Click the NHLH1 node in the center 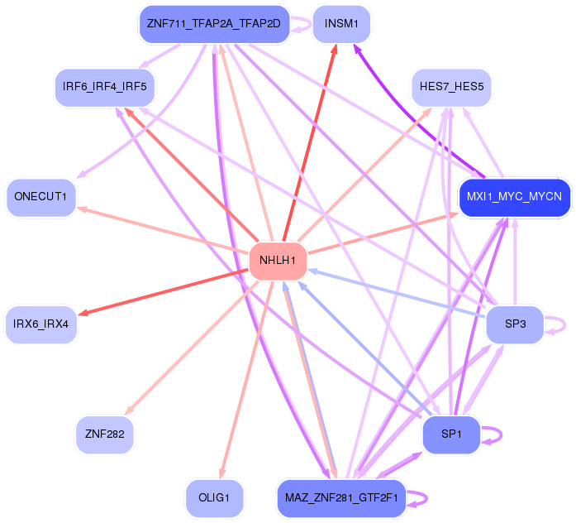(x=278, y=261)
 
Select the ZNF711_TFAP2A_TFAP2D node (x=213, y=24)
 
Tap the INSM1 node (x=341, y=24)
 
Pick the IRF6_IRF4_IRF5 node (x=104, y=87)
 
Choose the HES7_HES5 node (x=451, y=87)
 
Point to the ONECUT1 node (x=40, y=197)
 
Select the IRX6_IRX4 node (x=40, y=324)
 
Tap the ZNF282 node (x=104, y=433)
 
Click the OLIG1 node (x=214, y=497)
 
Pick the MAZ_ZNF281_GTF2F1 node (x=341, y=497)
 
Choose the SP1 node (x=451, y=434)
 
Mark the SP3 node (x=515, y=324)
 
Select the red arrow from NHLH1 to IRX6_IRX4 (x=165, y=290)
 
